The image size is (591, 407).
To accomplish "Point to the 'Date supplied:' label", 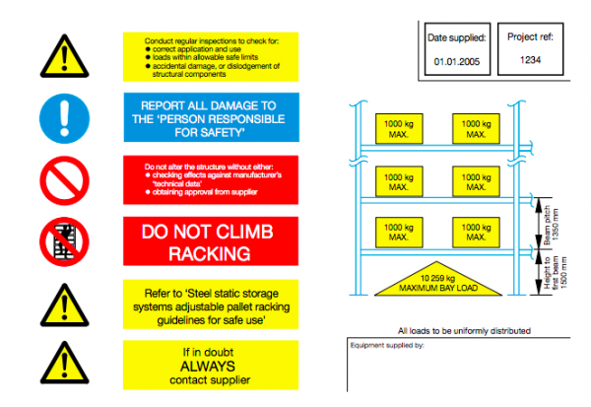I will point(456,38).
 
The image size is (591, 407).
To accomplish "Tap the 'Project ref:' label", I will point(532,37).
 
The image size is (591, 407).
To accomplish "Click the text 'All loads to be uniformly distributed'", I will point(464,330).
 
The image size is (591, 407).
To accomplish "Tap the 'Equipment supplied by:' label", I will point(387,347).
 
